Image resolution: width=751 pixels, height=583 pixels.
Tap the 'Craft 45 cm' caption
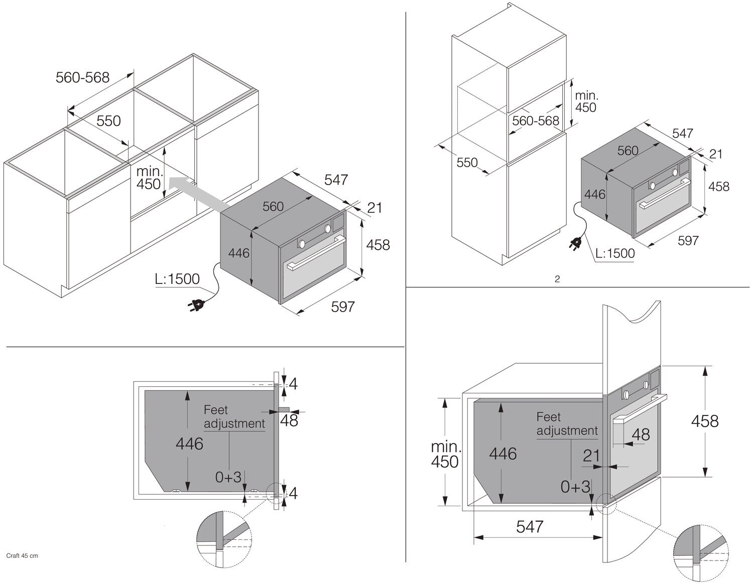pos(22,555)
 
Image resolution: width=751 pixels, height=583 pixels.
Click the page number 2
pos(557,279)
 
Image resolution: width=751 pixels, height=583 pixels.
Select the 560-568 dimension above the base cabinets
pos(83,77)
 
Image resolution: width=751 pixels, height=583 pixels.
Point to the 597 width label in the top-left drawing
pos(343,307)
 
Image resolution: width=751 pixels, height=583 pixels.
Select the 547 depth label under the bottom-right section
pos(530,526)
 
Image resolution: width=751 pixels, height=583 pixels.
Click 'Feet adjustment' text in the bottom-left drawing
pos(234,417)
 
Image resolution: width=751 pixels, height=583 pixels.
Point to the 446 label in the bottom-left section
pos(189,444)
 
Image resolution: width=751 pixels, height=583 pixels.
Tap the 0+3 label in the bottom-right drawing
pos(575,486)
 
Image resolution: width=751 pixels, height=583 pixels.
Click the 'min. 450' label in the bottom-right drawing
pos(445,454)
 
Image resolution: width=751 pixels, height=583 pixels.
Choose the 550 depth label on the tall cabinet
pos(467,163)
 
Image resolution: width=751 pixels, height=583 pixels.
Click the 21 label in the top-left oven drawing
pos(374,207)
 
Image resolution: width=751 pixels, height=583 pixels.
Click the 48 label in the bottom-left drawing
pos(289,420)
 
